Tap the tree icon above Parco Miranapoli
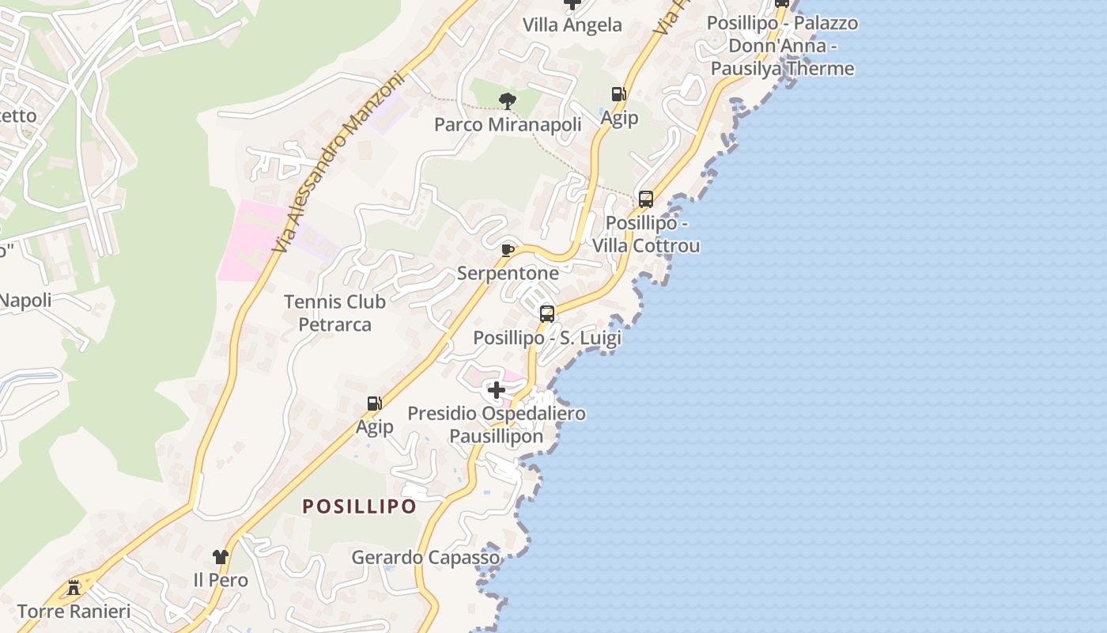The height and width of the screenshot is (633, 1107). (x=508, y=100)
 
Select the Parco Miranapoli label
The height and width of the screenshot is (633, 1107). (x=508, y=124)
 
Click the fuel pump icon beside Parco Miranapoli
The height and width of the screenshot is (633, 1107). (x=619, y=94)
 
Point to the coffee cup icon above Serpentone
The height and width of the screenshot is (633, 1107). (x=508, y=251)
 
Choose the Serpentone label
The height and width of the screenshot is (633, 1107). (x=508, y=274)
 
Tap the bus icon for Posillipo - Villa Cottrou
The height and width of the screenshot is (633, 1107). (x=646, y=199)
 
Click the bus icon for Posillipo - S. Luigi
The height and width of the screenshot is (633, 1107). (x=546, y=313)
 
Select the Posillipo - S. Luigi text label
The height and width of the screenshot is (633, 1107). (x=546, y=338)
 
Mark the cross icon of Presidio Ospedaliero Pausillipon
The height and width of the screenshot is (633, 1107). (x=496, y=390)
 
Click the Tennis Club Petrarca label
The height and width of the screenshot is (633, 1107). (x=334, y=313)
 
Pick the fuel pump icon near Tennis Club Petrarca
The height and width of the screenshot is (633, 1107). (x=374, y=404)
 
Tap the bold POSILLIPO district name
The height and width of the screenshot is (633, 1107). (x=360, y=506)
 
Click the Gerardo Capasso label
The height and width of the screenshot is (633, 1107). (x=425, y=557)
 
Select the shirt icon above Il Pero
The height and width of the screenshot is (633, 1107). (x=221, y=557)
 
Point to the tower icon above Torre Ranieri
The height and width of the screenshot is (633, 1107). (x=74, y=587)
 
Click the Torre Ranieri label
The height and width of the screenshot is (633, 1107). (x=74, y=611)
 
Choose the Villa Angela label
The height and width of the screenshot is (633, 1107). (x=572, y=25)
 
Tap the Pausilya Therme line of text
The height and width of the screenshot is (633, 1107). (x=782, y=68)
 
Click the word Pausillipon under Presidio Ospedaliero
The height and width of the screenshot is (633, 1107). (x=496, y=436)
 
